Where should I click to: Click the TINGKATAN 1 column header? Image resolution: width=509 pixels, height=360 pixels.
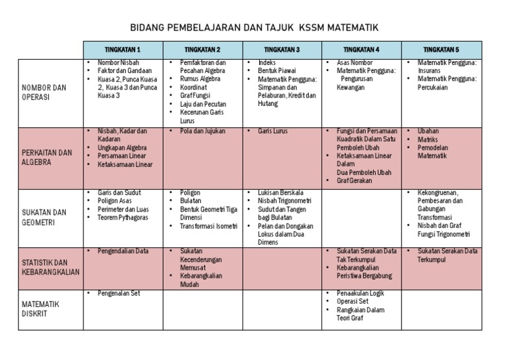click(x=123, y=50)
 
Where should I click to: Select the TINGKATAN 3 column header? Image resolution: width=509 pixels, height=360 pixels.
click(x=282, y=50)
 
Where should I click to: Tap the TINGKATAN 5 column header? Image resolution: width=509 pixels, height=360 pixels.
click(x=441, y=50)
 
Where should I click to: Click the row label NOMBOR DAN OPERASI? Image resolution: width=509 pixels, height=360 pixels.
click(x=44, y=92)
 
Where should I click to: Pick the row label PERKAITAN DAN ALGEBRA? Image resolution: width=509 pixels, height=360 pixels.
click(x=46, y=157)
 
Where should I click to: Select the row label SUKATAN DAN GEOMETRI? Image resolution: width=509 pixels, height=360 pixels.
click(x=44, y=217)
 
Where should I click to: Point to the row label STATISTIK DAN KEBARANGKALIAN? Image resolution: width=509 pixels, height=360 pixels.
click(x=50, y=267)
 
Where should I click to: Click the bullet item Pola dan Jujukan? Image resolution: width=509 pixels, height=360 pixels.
click(x=198, y=131)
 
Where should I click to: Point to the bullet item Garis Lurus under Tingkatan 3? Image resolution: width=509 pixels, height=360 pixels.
click(x=273, y=131)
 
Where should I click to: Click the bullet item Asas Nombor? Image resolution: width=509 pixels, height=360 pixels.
click(x=355, y=62)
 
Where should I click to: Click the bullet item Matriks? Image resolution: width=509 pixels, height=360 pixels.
click(x=428, y=140)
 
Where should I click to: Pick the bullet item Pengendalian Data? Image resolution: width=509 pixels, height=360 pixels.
click(x=123, y=251)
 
